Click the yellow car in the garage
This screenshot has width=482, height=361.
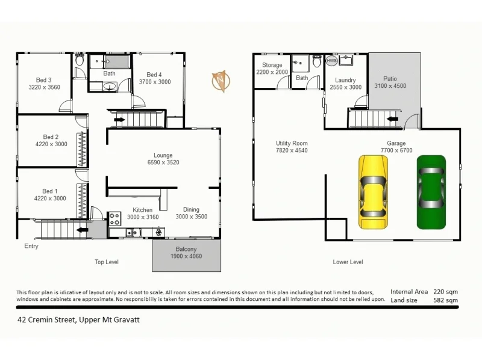pos(373,192)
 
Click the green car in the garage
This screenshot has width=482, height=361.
pos(431,191)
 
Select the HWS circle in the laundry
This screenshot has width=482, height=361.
pos(331,61)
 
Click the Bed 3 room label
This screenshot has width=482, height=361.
pos(43,80)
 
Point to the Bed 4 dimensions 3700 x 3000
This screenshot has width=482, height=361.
pos(155,82)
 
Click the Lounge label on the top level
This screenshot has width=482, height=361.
pos(163,155)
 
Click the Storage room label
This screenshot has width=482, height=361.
pos(272,65)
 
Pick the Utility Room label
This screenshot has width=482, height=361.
pos(292,143)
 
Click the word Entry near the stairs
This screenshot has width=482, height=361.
pos(31,246)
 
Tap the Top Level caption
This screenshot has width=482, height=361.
pos(107,262)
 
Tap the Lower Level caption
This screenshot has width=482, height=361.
pos(348,262)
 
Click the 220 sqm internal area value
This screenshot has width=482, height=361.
pos(445,291)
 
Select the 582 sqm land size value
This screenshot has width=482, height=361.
pos(445,299)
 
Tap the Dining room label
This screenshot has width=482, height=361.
pos(191,209)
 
